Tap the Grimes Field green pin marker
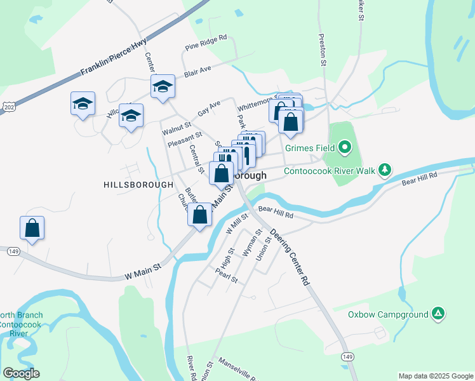click(x=345, y=149)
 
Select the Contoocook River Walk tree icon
click(x=384, y=170)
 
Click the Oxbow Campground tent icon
click(x=438, y=314)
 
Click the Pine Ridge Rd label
click(x=206, y=43)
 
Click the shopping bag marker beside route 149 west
click(x=32, y=228)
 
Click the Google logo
click(x=21, y=373)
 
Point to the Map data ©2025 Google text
click(x=436, y=376)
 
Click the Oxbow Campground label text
click(x=388, y=314)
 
